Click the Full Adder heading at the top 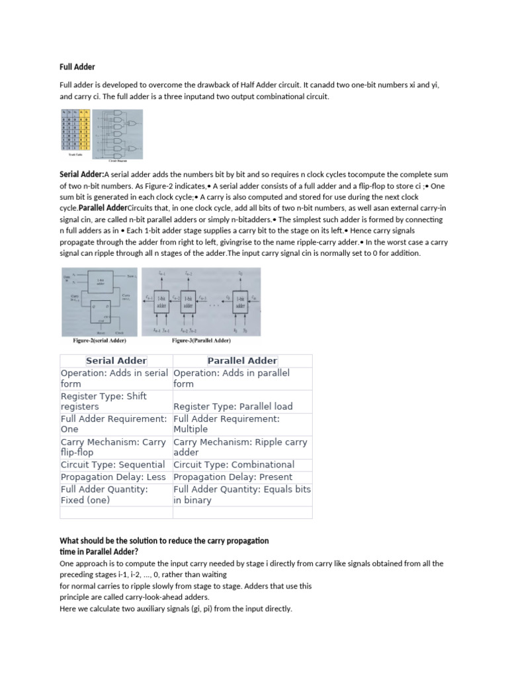tap(77, 67)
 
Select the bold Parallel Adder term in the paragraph tap(103, 208)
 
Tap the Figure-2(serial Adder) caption tap(99, 340)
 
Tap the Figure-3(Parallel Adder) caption tap(201, 340)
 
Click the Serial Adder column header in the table tap(116, 361)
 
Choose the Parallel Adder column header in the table tap(242, 361)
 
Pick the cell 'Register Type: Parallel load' tap(233, 407)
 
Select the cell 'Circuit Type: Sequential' tap(112, 465)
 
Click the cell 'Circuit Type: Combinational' tap(233, 465)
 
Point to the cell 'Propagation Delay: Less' tap(112, 477)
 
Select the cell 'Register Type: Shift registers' tap(104, 401)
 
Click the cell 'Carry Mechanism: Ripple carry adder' tap(240, 448)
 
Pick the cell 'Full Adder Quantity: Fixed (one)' tap(104, 495)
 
